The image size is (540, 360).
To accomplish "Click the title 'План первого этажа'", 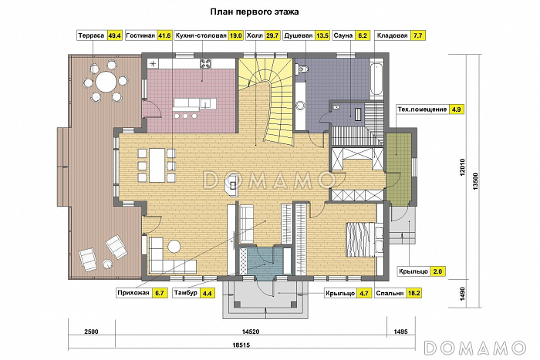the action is [255, 12].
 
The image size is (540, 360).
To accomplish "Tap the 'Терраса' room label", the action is [91, 35].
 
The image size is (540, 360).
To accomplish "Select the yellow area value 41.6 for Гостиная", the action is [164, 35].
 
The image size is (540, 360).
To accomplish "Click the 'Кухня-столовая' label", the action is [201, 35].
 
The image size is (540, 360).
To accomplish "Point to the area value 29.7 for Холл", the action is [272, 35].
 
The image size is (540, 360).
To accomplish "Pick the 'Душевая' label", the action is [299, 35].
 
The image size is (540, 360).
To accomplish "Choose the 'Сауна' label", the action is [343, 35].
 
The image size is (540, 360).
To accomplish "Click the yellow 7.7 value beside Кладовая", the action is [417, 35].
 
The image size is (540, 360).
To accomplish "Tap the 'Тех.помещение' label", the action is [422, 109].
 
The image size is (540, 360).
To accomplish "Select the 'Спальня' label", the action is [390, 293].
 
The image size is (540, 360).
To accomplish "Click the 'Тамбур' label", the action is [186, 293].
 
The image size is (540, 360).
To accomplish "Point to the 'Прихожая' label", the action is [133, 293].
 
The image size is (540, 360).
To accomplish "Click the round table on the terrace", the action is [106, 82].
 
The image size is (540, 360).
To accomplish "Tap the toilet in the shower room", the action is [302, 69].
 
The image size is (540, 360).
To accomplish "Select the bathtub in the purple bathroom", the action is [376, 79].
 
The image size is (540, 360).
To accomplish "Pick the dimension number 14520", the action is [251, 331].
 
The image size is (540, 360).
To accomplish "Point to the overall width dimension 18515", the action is [241, 345].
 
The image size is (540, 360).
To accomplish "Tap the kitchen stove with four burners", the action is [206, 63].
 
